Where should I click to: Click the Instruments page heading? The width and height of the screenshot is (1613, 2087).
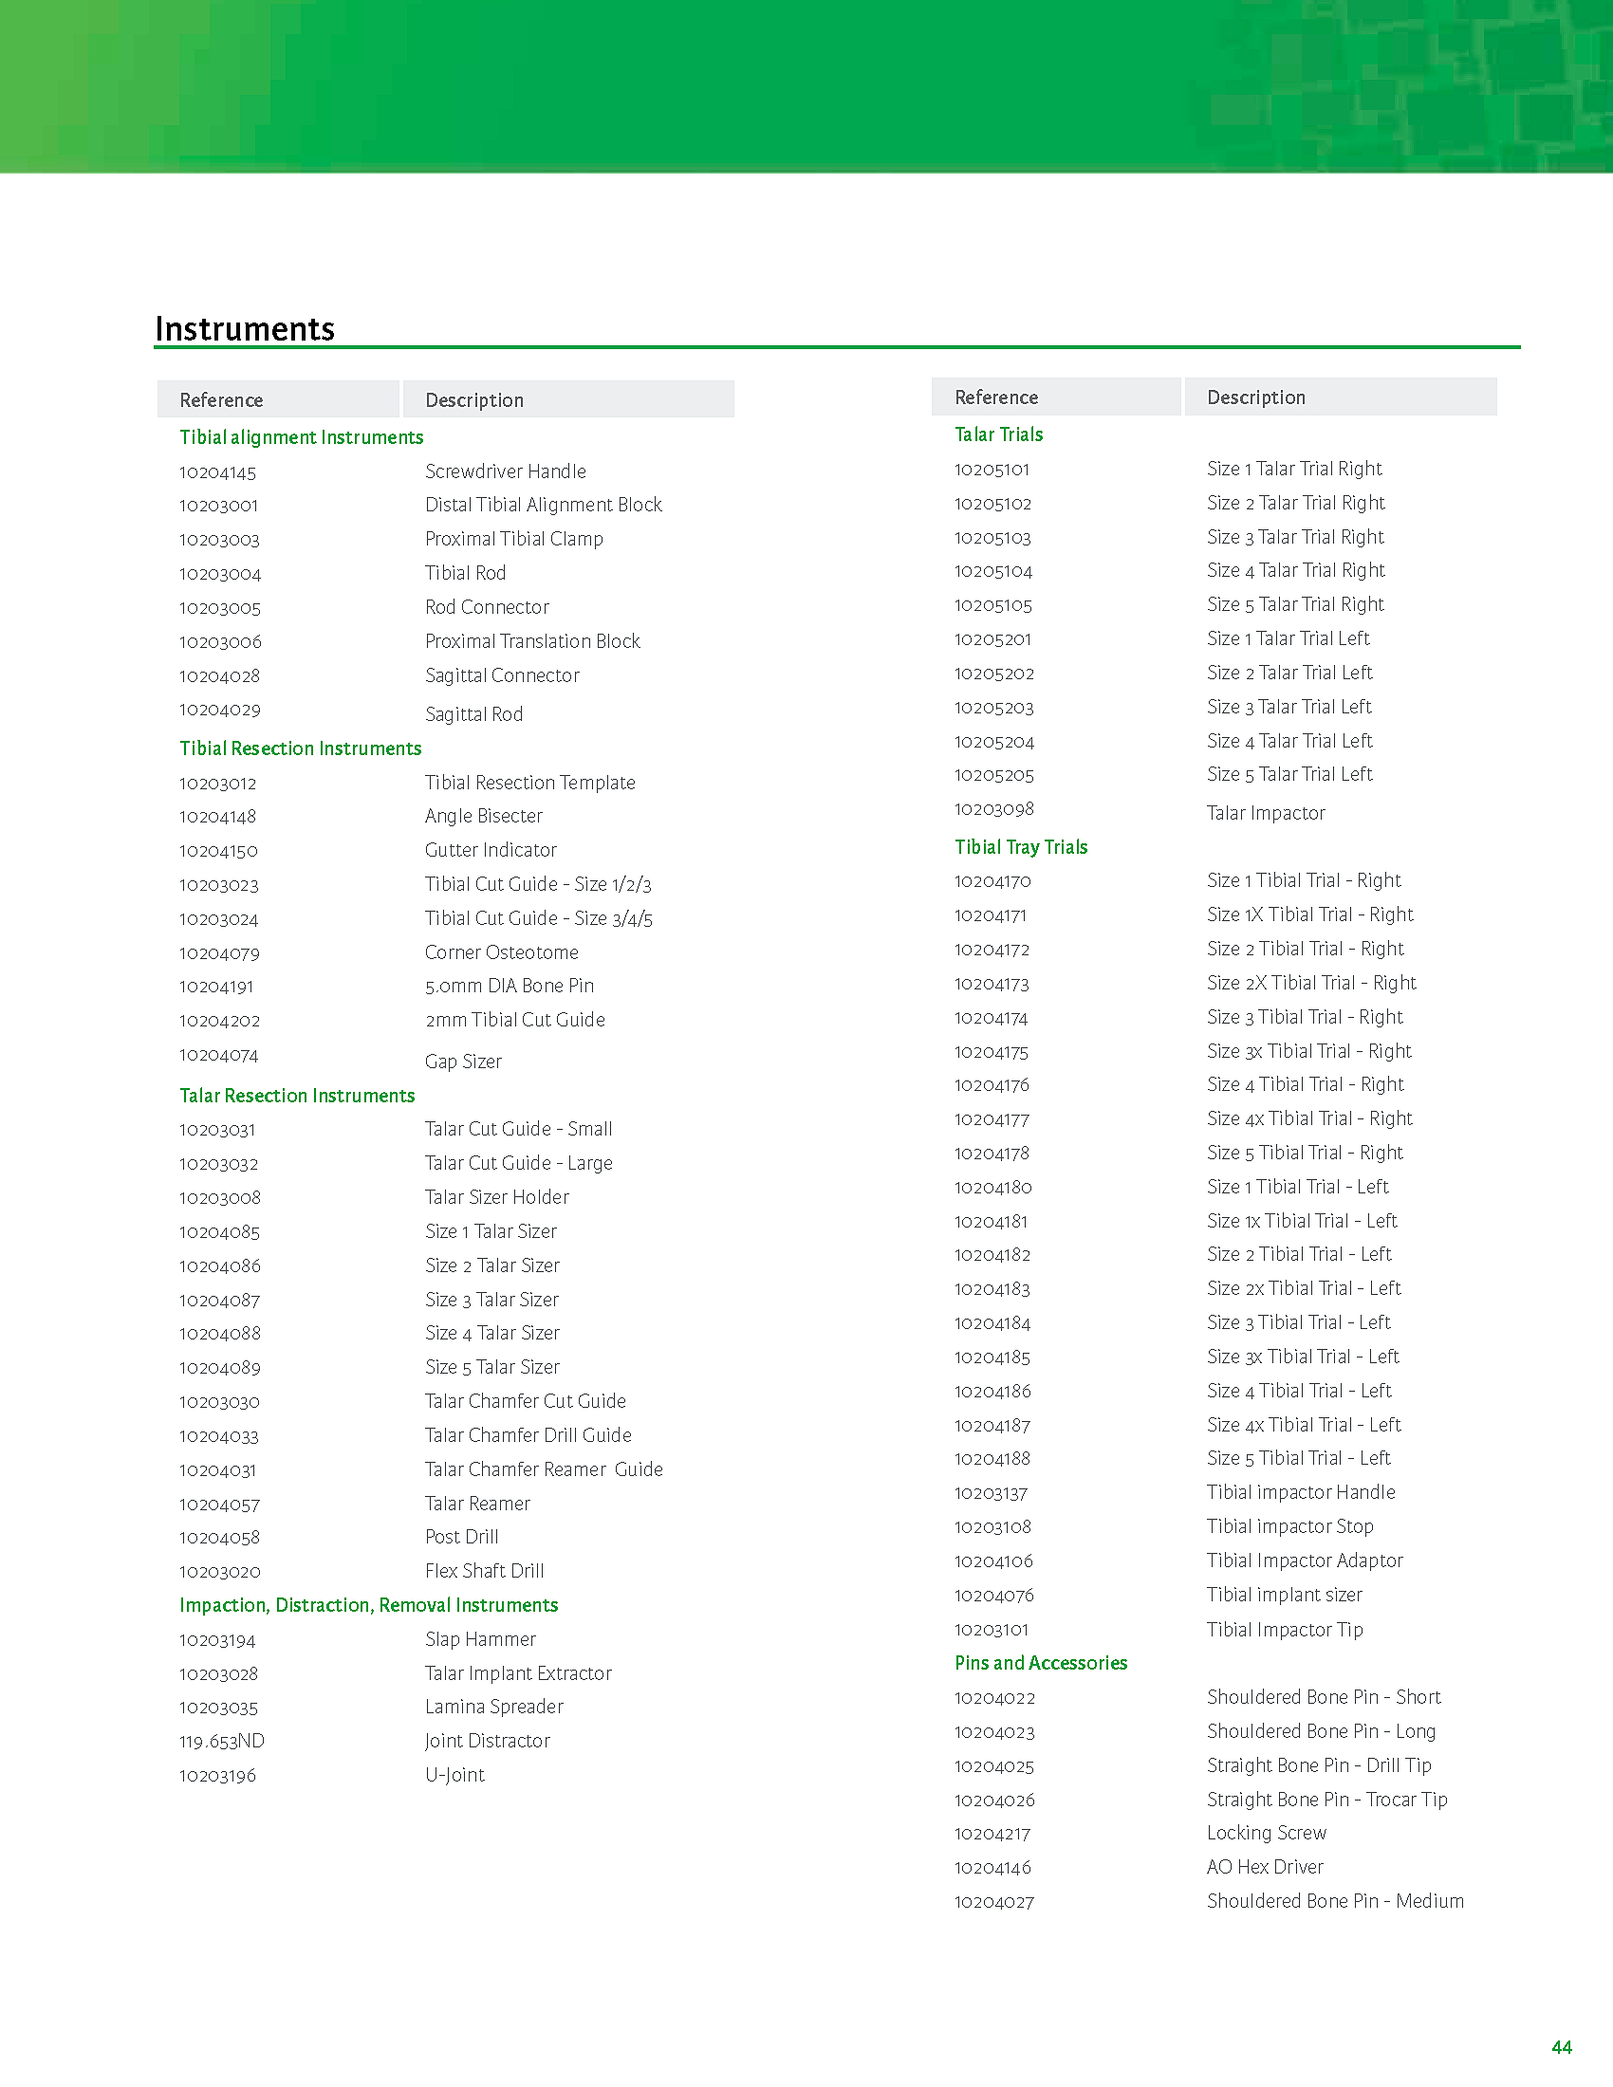click(x=245, y=329)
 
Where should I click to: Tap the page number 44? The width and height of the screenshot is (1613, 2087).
click(x=1562, y=2046)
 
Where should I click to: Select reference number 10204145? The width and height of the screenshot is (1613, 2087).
click(x=218, y=472)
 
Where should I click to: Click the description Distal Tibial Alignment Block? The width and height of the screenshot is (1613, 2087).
click(x=543, y=505)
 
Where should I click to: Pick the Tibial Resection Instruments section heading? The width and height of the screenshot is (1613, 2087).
click(x=300, y=748)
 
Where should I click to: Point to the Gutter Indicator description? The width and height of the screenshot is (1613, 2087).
click(x=491, y=850)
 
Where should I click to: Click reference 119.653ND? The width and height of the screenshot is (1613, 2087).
click(x=222, y=1741)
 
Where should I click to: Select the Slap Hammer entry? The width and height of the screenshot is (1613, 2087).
click(x=480, y=1639)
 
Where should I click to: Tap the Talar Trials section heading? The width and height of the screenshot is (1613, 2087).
click(x=998, y=434)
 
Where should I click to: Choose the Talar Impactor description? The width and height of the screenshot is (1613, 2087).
click(x=1265, y=813)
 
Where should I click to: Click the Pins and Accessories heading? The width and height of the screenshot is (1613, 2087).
click(x=1041, y=1663)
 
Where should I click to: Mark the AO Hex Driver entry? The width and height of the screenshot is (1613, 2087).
click(x=1264, y=1866)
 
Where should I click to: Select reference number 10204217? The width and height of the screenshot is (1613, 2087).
click(x=992, y=1834)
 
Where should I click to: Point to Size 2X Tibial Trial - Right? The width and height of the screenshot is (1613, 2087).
click(x=1311, y=983)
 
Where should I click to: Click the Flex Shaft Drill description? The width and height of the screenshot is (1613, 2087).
click(x=485, y=1571)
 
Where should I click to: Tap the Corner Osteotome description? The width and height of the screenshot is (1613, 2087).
click(x=502, y=952)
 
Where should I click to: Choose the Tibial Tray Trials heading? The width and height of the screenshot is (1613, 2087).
click(x=1021, y=846)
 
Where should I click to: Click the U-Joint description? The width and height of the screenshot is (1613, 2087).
click(x=454, y=1775)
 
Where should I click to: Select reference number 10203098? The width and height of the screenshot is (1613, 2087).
click(x=993, y=809)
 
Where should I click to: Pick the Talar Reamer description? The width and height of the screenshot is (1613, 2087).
click(x=477, y=1504)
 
